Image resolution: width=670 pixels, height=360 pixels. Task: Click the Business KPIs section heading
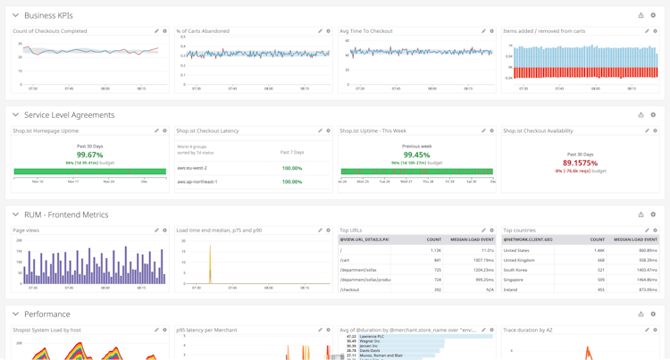(x=48, y=15)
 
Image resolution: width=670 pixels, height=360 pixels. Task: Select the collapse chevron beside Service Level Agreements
(x=15, y=115)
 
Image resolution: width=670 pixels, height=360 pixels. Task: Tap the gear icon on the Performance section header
(x=653, y=314)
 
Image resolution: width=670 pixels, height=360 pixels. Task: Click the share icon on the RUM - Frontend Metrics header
(x=641, y=214)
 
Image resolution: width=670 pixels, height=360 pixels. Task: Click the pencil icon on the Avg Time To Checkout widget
(x=484, y=31)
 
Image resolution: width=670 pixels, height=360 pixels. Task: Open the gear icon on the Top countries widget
(x=655, y=230)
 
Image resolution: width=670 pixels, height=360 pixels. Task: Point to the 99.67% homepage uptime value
(x=89, y=155)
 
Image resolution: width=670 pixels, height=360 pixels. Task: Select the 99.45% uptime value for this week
(x=416, y=155)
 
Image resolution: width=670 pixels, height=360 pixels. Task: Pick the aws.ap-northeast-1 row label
(x=197, y=181)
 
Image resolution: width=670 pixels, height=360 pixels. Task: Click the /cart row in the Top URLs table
(x=345, y=260)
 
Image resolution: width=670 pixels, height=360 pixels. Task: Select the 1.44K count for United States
(x=599, y=250)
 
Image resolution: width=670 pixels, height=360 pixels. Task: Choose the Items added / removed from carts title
(x=544, y=31)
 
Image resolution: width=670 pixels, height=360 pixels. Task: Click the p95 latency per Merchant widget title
(x=206, y=331)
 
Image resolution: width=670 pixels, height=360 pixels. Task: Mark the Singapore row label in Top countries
(x=515, y=280)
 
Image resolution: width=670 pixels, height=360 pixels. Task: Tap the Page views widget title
(x=26, y=230)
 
